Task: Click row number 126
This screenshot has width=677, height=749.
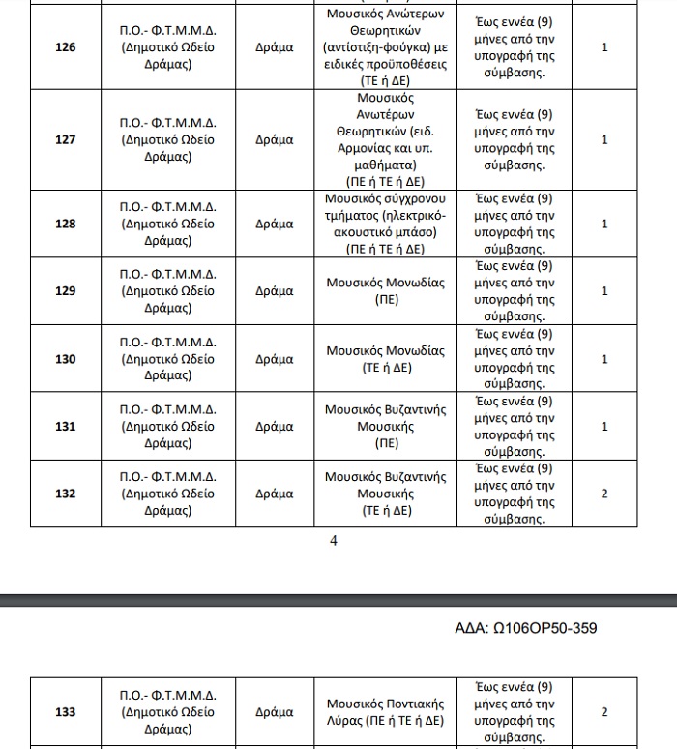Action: coord(65,47)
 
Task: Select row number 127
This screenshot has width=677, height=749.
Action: coord(65,139)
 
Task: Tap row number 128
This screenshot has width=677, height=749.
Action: coord(65,224)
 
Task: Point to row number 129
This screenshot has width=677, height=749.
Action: coord(65,291)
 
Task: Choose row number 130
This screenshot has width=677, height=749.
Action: coord(65,359)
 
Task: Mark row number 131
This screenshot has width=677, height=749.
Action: coord(65,427)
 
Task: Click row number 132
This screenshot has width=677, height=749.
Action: coord(65,494)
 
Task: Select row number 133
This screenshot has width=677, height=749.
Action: coord(65,712)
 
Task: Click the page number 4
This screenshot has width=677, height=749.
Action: coord(334,541)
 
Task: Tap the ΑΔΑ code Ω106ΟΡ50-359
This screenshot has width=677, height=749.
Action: coord(526,629)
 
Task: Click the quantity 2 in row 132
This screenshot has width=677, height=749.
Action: coord(604,494)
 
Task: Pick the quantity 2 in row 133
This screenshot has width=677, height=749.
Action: coord(604,712)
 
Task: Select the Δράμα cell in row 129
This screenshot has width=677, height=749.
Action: coord(274,291)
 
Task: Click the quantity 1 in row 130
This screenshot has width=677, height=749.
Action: coord(604,359)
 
